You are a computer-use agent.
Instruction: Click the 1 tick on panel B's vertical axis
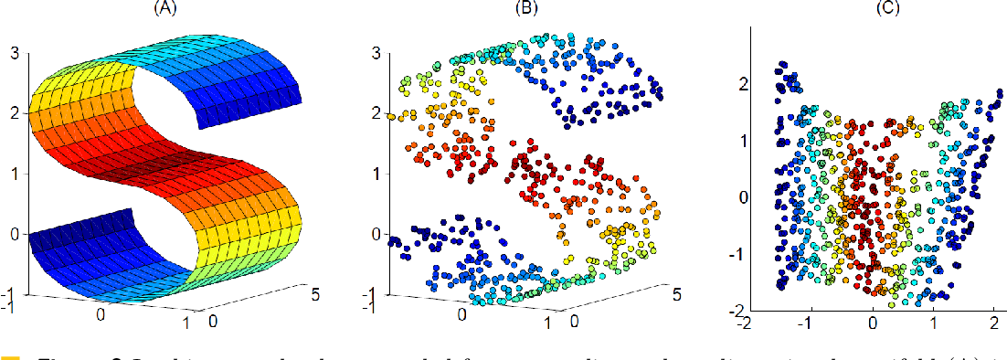click(377, 174)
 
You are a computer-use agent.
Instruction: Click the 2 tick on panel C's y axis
click(744, 84)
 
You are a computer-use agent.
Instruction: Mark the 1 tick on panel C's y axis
click(744, 141)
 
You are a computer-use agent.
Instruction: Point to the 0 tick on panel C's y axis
click(744, 196)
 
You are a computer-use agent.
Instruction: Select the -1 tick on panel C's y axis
click(741, 253)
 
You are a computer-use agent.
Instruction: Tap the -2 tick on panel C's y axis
click(741, 310)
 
